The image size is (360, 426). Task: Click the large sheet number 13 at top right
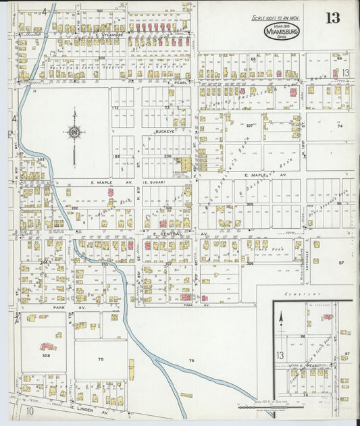pyautogui.click(x=332, y=18)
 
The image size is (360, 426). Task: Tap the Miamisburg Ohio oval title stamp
pyautogui.click(x=280, y=31)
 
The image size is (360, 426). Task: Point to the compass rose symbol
pyautogui.click(x=74, y=132)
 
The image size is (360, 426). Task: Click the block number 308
pyautogui.click(x=46, y=354)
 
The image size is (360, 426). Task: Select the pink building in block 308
pyautogui.click(x=48, y=346)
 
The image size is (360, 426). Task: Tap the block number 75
pyautogui.click(x=101, y=359)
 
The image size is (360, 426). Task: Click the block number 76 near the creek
pyautogui.click(x=191, y=361)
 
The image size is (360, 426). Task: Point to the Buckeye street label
pyautogui.click(x=165, y=132)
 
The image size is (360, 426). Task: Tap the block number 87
pyautogui.click(x=341, y=262)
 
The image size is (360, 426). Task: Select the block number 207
pyautogui.click(x=249, y=126)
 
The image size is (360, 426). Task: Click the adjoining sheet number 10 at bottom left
pyautogui.click(x=30, y=410)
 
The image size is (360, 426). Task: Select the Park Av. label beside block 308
pyautogui.click(x=47, y=307)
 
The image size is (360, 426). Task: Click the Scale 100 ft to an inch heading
pyautogui.click(x=276, y=18)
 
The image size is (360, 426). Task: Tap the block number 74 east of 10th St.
pyautogui.click(x=340, y=126)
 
